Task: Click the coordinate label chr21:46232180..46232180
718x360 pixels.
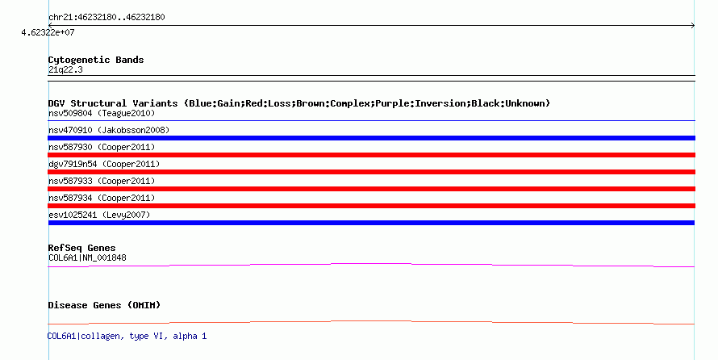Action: coord(106,17)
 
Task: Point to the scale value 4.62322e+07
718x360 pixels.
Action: coord(48,33)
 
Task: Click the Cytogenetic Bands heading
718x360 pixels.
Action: coord(96,60)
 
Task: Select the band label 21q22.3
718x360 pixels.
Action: coord(65,69)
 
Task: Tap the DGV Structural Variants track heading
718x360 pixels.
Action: coord(298,103)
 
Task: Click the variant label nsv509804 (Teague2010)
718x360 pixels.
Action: coord(102,113)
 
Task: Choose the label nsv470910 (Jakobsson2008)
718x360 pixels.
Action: coord(109,130)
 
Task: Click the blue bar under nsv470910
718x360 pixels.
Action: coord(371,138)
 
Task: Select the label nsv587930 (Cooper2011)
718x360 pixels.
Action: coord(102,147)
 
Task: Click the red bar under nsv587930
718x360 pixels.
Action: coord(371,155)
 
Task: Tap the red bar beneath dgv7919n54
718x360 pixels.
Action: coord(371,172)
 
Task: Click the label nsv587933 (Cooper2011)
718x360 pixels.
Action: coord(102,181)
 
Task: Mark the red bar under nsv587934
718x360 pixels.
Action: coord(371,206)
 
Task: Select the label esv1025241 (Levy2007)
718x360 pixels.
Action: coord(99,215)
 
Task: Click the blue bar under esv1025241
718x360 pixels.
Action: coord(371,223)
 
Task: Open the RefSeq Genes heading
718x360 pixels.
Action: coord(81,248)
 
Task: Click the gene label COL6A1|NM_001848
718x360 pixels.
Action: coord(87,257)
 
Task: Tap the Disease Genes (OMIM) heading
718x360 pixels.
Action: coord(104,305)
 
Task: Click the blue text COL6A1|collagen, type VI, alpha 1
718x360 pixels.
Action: coord(127,335)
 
